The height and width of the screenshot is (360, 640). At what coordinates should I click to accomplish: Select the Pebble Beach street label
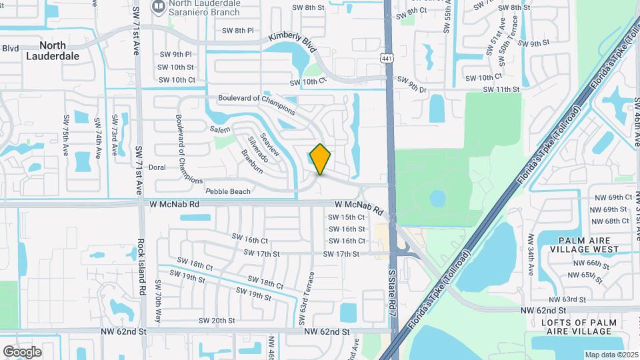[228, 192]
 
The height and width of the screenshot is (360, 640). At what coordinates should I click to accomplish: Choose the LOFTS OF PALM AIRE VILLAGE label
[584, 329]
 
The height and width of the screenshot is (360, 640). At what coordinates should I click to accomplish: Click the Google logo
[22, 351]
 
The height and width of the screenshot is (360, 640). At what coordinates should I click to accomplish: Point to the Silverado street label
[257, 149]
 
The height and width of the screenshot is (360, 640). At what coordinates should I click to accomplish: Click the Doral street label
[157, 167]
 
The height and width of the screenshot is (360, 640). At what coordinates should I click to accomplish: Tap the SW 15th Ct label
[347, 217]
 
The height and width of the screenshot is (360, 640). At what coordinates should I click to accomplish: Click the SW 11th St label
[501, 89]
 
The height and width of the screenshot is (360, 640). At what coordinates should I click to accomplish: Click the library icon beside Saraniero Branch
[159, 8]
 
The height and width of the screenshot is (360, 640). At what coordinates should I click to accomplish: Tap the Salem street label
[219, 129]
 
